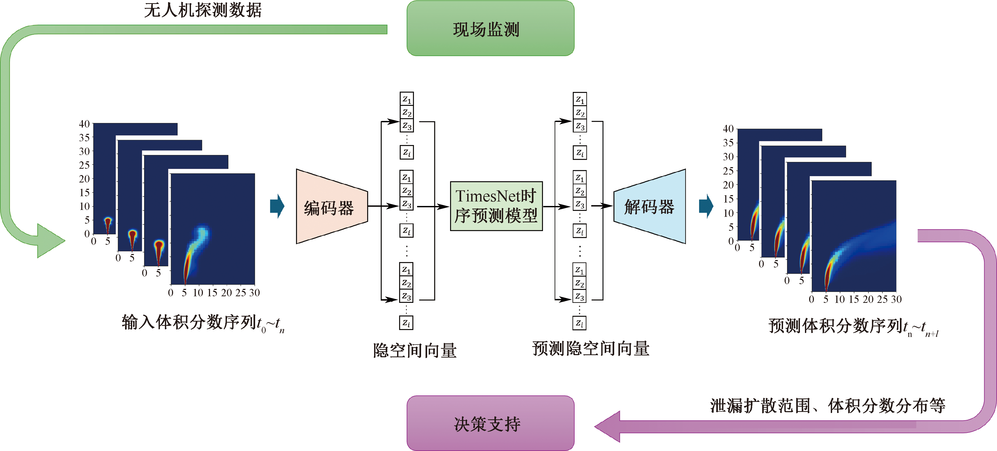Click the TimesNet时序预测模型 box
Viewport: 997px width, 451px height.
coord(496,206)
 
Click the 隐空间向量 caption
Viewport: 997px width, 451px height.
coord(414,350)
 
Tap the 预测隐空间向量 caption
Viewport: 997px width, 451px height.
coord(590,348)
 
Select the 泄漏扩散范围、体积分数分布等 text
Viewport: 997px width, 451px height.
coord(827,405)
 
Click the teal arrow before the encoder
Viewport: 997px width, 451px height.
coord(277,206)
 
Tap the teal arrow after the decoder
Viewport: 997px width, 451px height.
coord(706,206)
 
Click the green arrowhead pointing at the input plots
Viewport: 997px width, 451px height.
coord(50,241)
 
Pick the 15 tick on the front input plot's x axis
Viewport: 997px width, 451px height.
coord(212,293)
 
